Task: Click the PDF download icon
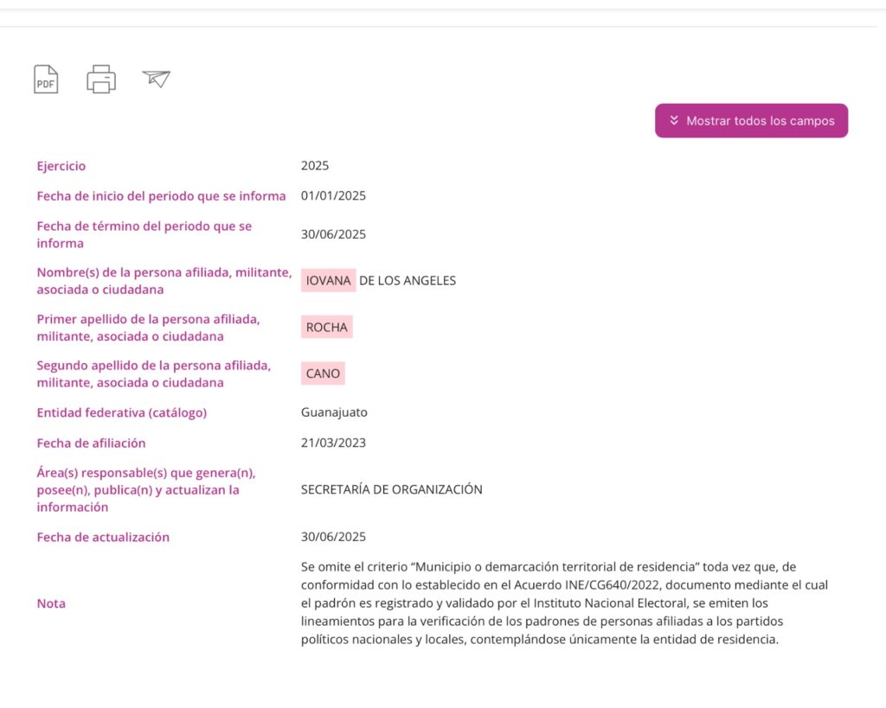[46, 80]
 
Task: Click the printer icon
[101, 80]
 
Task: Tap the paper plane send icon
[157, 79]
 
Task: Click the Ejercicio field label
[61, 166]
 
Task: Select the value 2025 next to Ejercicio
[315, 166]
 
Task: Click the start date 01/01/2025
[333, 195]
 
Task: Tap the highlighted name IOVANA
[328, 280]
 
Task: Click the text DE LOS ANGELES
[407, 280]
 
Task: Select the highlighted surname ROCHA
[326, 327]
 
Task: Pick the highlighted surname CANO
[323, 373]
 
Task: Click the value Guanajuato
[334, 412]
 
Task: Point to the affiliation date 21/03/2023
[333, 443]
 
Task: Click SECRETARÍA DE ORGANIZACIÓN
[391, 489]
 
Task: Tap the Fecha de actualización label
[103, 537]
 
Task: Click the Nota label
[51, 603]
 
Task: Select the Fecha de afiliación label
[91, 443]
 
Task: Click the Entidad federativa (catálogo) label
[121, 412]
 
